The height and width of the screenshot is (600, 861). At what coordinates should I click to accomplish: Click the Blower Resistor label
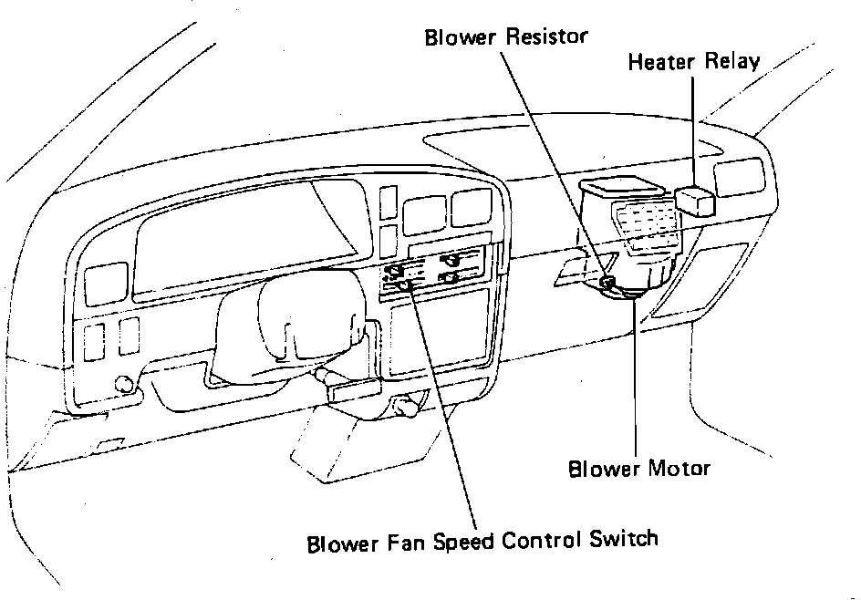[506, 37]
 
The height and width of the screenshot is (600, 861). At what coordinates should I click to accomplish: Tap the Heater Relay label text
[694, 63]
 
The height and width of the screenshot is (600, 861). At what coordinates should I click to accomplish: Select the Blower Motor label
[638, 470]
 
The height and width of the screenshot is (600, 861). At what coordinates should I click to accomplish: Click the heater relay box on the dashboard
[696, 199]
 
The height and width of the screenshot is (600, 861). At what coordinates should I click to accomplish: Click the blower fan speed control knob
[407, 285]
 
